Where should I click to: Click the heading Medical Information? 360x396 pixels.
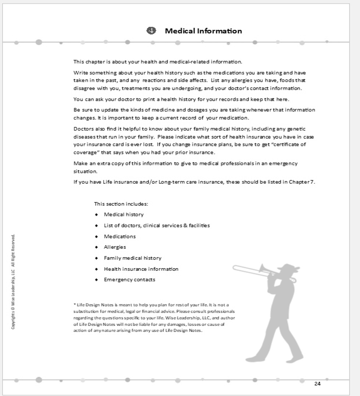[203, 31]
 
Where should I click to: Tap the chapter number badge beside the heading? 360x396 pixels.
[151, 31]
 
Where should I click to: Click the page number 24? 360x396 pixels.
[317, 384]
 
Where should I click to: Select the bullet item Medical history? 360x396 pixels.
[124, 215]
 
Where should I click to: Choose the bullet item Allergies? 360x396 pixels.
[115, 247]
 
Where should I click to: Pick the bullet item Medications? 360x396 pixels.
[120, 236]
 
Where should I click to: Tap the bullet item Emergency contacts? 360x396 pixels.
[129, 280]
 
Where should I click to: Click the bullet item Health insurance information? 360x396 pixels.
[141, 269]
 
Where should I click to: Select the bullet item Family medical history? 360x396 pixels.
[132, 258]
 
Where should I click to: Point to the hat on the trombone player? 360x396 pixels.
[288, 267]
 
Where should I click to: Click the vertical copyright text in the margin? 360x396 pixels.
[13, 282]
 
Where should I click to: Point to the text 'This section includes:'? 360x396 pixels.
[121, 204]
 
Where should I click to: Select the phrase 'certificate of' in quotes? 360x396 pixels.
[288, 144]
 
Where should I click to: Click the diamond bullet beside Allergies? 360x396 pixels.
[96, 247]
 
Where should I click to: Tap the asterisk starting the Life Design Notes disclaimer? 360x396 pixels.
[75, 305]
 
